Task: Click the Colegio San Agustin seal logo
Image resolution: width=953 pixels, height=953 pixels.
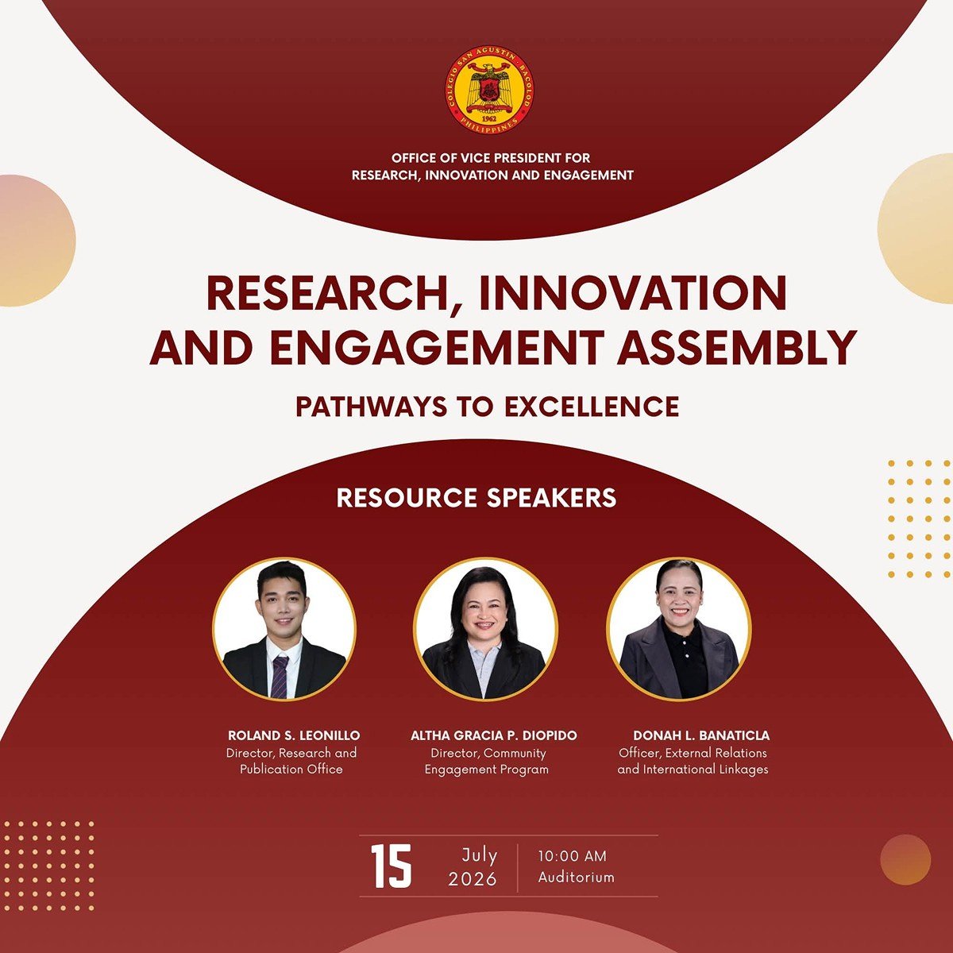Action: tap(489, 90)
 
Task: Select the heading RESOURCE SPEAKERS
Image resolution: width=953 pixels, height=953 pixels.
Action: tap(476, 498)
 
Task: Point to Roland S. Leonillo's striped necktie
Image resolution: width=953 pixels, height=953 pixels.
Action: tap(280, 677)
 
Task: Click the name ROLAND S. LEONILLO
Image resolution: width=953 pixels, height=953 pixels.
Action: tap(294, 735)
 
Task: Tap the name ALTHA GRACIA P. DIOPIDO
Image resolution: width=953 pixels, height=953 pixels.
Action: tap(493, 735)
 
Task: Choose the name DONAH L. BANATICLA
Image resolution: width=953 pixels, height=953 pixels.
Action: tap(701, 735)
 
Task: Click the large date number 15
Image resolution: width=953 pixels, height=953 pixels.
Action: tap(392, 866)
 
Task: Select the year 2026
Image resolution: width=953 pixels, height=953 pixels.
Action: tap(473, 879)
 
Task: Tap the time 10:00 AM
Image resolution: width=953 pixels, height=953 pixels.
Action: tap(572, 856)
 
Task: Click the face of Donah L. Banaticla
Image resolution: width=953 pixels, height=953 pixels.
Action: tap(680, 604)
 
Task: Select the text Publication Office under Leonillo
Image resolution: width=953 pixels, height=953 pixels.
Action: tap(291, 770)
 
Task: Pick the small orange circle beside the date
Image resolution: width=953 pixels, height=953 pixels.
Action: tap(905, 859)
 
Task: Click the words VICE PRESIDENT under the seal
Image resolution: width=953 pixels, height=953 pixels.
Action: tap(499, 158)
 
